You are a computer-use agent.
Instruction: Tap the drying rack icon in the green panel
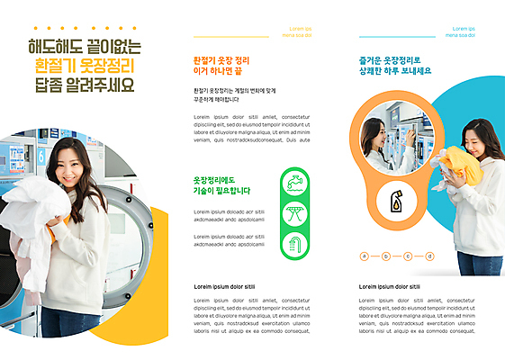tap(293, 213)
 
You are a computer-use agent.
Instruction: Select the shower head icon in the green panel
tap(293, 242)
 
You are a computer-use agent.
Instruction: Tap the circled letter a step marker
tap(365, 256)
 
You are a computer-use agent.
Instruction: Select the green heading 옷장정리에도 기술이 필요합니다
tap(221, 185)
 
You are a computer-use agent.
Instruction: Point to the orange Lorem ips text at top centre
tap(296, 31)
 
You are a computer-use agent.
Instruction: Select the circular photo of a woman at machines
tap(393, 138)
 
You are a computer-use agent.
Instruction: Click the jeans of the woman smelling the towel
tap(480, 263)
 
